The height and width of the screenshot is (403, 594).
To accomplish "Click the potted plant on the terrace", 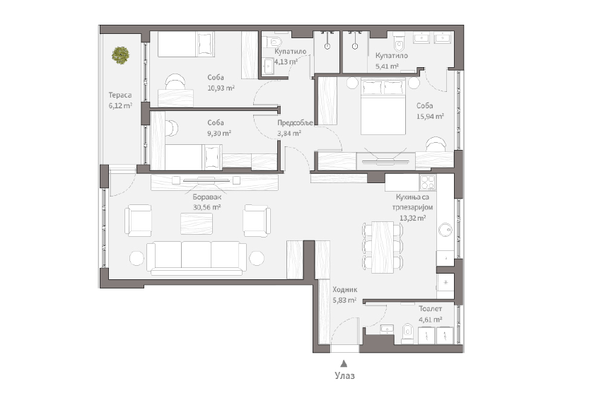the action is [120, 55].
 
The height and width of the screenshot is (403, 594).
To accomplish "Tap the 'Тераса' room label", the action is [120, 95].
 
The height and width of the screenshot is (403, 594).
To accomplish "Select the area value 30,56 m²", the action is [206, 207].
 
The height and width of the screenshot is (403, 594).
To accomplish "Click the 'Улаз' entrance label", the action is [345, 375].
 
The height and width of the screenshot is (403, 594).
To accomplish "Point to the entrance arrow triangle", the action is [344, 363].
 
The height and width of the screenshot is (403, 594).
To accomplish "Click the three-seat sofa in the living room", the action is [197, 258].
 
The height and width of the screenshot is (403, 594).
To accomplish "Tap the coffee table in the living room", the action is [197, 223].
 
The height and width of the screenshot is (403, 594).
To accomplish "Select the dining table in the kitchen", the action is [383, 247].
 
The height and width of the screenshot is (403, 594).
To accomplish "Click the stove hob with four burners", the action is [427, 182].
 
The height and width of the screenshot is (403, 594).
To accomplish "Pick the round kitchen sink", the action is [445, 230].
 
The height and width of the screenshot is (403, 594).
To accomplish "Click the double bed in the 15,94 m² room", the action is [383, 107].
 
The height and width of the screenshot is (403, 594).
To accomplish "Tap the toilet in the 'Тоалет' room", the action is [407, 333].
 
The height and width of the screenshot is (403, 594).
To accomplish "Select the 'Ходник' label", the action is [345, 290].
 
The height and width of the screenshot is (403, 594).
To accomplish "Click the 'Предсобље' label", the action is [295, 123].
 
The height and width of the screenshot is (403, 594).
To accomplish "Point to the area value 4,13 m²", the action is [286, 62].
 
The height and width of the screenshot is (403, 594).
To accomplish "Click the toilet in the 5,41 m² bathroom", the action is [399, 42].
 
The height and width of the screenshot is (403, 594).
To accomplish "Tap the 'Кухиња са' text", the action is [412, 197].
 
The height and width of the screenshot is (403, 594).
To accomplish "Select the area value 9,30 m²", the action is [219, 134].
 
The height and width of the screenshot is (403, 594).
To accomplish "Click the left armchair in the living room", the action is [138, 221].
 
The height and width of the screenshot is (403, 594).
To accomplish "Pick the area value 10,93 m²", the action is [221, 88].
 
